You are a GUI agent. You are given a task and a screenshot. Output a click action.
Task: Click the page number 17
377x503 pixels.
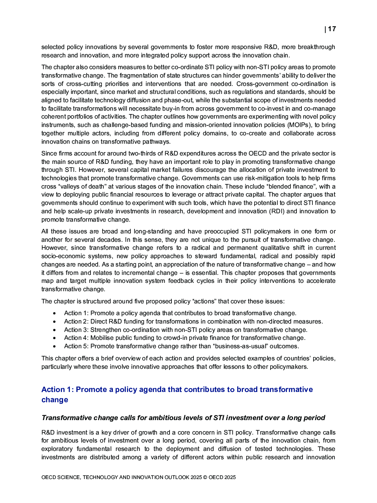[x=332, y=29]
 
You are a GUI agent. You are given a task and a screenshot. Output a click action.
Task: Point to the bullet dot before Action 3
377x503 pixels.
[x=55, y=330]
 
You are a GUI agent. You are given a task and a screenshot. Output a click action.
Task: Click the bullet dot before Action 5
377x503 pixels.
[x=55, y=346]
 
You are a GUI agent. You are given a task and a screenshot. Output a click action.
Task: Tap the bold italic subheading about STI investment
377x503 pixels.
[x=183, y=418]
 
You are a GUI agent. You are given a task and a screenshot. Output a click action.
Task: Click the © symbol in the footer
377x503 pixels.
[x=205, y=478]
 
